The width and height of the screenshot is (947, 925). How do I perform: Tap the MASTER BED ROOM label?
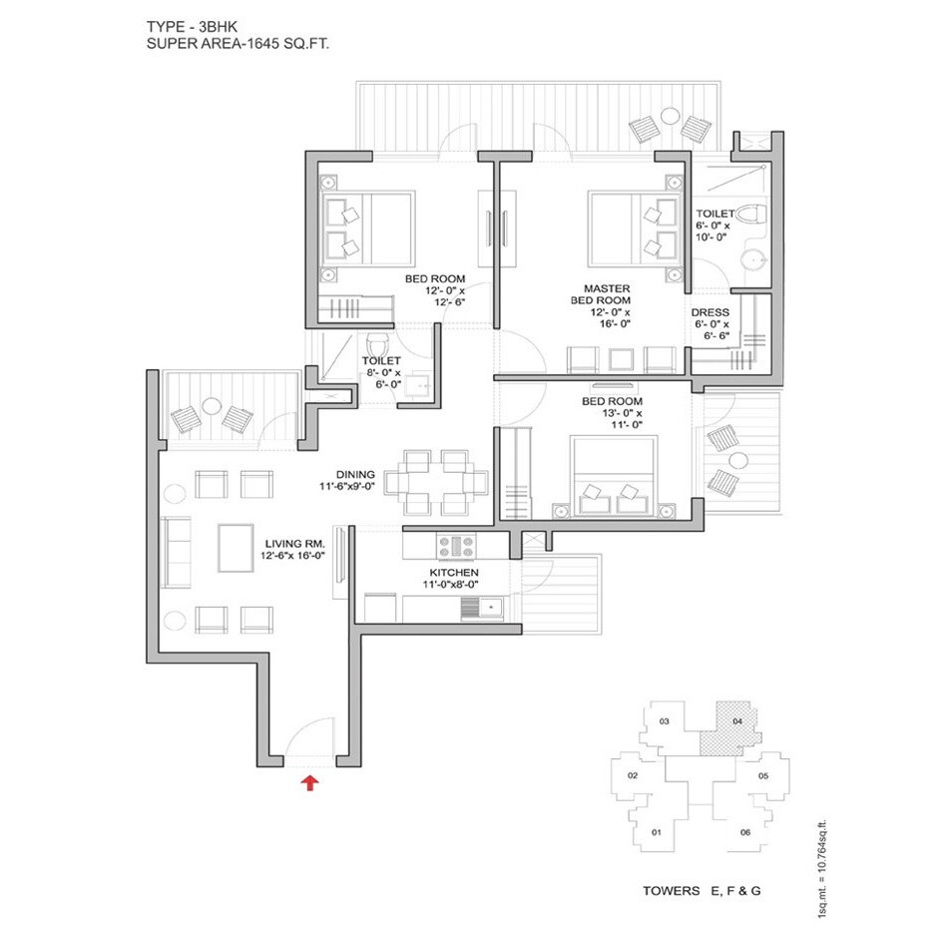(600, 294)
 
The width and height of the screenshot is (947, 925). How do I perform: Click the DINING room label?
(355, 474)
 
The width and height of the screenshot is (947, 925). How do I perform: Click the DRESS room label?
(710, 312)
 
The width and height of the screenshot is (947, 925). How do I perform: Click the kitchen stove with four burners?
(457, 546)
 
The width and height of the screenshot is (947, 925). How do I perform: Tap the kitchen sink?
(489, 607)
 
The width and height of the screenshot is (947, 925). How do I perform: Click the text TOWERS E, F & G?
(699, 890)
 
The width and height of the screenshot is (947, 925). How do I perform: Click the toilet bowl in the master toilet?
(750, 217)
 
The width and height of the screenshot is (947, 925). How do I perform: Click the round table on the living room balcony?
(212, 406)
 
